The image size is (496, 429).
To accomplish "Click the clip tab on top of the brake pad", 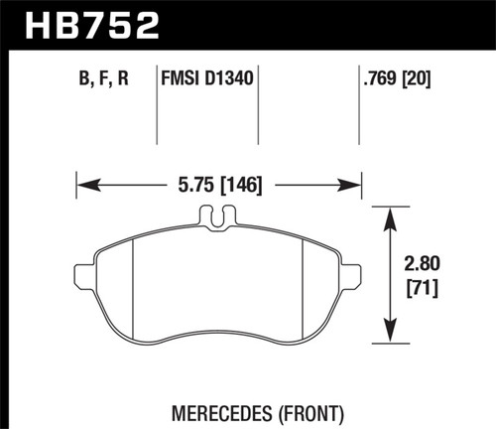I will (217, 216).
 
